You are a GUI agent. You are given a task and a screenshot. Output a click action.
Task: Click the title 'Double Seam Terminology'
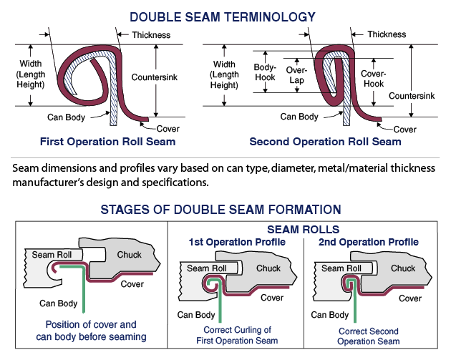223,17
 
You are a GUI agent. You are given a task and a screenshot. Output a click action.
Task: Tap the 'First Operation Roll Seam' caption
107,142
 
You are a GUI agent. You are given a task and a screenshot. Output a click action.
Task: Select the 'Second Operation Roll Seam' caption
325,142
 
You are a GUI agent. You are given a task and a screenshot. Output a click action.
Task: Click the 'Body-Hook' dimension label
265,72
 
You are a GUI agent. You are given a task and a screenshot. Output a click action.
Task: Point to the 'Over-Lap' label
296,74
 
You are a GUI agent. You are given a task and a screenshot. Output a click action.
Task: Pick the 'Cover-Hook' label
374,79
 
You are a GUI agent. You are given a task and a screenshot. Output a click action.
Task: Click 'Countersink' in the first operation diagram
155,77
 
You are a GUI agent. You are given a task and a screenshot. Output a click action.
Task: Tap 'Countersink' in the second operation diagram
412,96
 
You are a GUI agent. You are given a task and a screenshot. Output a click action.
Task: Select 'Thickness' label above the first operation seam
151,35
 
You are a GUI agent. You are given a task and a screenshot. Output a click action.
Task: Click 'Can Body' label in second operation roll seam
299,117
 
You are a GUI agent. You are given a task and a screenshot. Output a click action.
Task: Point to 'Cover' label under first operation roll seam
168,129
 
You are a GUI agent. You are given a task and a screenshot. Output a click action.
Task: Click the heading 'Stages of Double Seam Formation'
221,209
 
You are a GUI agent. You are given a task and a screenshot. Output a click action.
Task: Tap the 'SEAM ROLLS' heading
303,230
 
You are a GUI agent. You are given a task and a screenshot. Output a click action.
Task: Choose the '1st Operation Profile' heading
237,242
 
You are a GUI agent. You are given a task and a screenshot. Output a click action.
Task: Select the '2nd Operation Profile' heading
369,242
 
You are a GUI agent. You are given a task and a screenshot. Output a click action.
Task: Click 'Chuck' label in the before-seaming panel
129,255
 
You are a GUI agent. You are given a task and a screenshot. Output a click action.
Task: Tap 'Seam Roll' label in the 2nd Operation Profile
341,268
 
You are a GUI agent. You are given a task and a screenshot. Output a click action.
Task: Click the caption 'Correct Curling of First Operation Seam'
237,335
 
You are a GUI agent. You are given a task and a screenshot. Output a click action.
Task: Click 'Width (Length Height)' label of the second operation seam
224,74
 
